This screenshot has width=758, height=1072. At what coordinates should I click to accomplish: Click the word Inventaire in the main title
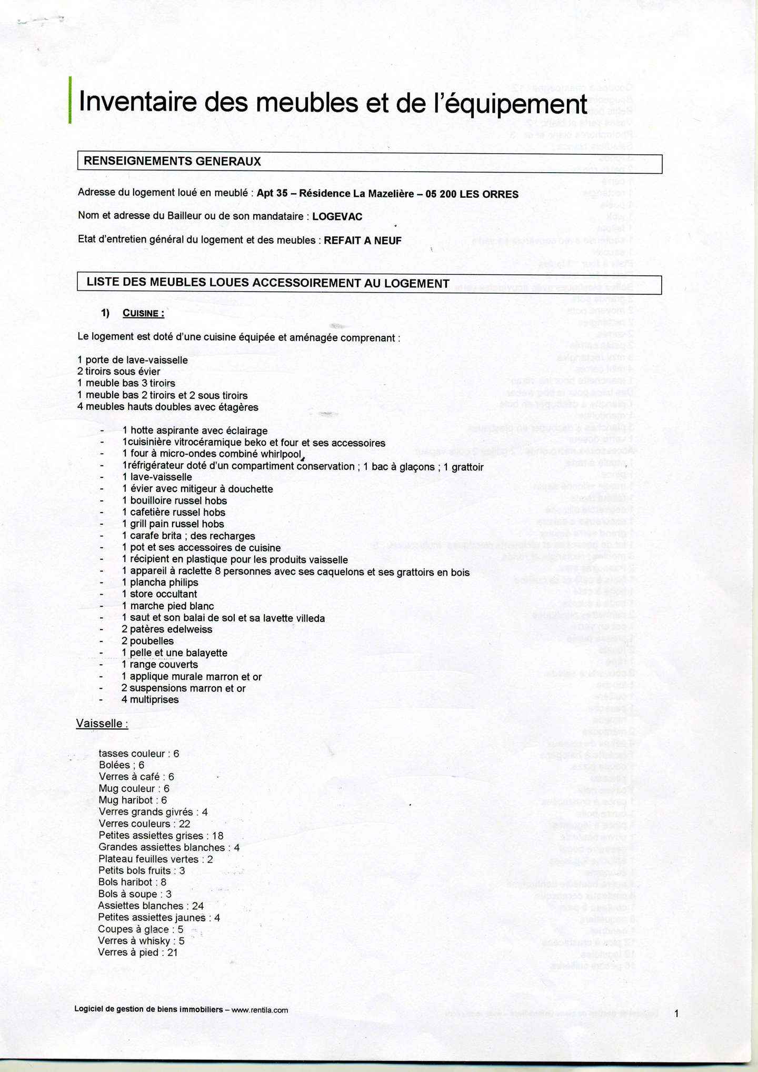coord(138,102)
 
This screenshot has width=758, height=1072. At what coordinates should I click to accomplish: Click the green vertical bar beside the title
coord(70,100)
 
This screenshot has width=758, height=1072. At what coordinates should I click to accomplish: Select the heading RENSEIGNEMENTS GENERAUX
coord(172,162)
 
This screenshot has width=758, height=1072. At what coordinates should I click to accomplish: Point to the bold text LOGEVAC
coord(337,216)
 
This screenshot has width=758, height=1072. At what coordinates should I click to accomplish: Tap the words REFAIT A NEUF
coord(362,241)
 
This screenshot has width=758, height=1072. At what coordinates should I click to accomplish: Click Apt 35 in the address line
coord(272,193)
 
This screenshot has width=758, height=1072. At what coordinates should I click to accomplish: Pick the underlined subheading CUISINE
coord(143,314)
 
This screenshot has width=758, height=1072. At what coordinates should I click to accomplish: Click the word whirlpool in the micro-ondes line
coord(276,454)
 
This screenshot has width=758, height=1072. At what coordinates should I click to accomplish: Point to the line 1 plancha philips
coord(160,583)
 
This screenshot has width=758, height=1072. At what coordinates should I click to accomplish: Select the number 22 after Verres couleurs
coord(184,824)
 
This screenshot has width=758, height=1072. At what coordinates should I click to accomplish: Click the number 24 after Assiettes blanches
coord(198,906)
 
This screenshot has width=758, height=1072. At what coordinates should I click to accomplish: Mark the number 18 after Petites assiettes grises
coord(217,836)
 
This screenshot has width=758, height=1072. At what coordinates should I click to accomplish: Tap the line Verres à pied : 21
coord(137,952)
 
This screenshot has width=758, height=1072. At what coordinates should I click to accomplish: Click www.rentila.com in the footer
coord(260,1010)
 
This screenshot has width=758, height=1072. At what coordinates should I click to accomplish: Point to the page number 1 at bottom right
coord(677,1013)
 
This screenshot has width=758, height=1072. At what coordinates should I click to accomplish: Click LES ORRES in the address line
coord(489,194)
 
